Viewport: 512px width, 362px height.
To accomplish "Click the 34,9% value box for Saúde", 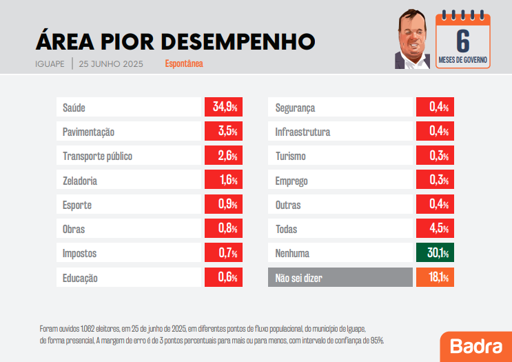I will tap(222, 108).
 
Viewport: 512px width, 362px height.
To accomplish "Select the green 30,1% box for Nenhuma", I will tap(434, 253).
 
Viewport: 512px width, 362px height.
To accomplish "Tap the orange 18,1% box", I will tap(434, 278).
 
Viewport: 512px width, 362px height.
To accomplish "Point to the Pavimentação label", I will tap(88, 132).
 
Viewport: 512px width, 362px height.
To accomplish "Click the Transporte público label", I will tap(97, 157).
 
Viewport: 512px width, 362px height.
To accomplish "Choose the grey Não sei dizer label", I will tap(298, 279).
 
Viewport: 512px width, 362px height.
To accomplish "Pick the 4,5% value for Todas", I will tap(434, 229).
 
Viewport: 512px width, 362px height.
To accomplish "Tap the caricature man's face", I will tap(413, 41).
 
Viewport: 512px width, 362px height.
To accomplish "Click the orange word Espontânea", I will tap(184, 64).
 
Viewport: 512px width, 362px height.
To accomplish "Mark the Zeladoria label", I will tap(80, 181).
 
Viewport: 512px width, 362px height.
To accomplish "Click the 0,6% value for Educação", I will tap(222, 278).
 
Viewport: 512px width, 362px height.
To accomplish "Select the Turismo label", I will tap(290, 157).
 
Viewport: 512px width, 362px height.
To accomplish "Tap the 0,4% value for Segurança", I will tap(434, 108).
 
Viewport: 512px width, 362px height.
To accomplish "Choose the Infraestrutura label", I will tap(303, 132).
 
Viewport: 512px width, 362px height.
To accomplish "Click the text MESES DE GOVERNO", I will tap(463, 60).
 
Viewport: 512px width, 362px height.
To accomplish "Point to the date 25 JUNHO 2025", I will tap(111, 64).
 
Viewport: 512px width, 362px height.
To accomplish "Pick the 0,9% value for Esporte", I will tap(222, 205).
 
